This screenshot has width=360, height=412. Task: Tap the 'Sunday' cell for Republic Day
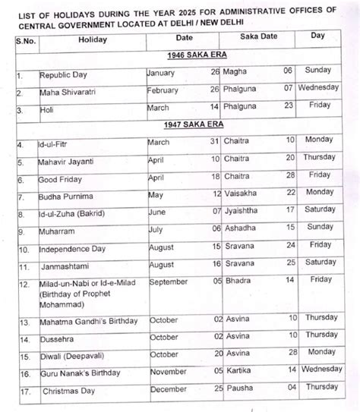318,71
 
